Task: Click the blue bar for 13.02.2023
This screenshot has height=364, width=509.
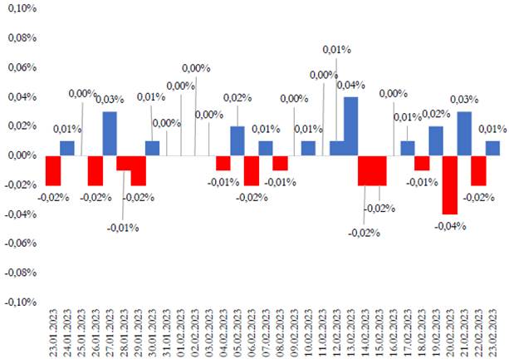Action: click(x=350, y=126)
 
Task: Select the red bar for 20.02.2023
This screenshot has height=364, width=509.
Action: click(x=450, y=184)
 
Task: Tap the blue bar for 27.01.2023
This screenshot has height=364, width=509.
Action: click(x=110, y=133)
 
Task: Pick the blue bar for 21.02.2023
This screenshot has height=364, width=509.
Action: click(x=464, y=133)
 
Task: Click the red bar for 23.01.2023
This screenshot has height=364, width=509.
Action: click(x=53, y=170)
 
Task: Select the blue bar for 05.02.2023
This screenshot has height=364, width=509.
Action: click(x=237, y=140)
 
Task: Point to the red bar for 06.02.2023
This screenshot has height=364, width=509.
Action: click(x=252, y=170)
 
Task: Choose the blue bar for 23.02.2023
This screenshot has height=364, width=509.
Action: click(x=492, y=148)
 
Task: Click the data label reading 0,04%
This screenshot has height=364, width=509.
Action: click(x=350, y=85)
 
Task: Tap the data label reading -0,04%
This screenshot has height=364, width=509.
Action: click(x=451, y=225)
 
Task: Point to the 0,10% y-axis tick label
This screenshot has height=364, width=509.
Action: click(x=22, y=9)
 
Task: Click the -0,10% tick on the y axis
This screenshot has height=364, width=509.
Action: click(x=21, y=302)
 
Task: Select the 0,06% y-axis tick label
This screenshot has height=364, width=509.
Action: click(x=22, y=67)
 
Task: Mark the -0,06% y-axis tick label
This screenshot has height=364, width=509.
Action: click(x=21, y=243)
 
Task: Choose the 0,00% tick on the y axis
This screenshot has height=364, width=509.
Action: click(x=22, y=155)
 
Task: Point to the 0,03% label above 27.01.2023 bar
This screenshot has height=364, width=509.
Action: click(x=110, y=100)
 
